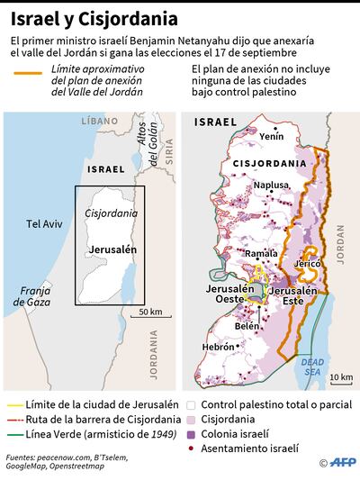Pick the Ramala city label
point(262,254)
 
